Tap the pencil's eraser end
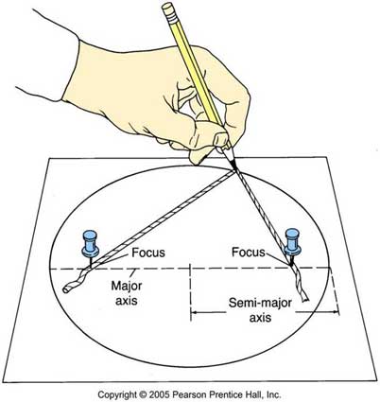(167, 7)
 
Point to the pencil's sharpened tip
(234, 169)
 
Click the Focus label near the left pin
(148, 253)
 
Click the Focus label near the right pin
(249, 252)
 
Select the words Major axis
(127, 293)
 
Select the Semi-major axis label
(260, 310)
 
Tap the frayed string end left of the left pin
(66, 289)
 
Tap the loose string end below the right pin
(304, 299)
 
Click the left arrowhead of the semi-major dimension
(194, 312)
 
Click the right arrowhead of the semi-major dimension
(336, 312)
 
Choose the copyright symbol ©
(144, 394)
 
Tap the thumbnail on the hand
(221, 139)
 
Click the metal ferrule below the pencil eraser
(173, 17)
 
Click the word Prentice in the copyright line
(222, 394)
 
